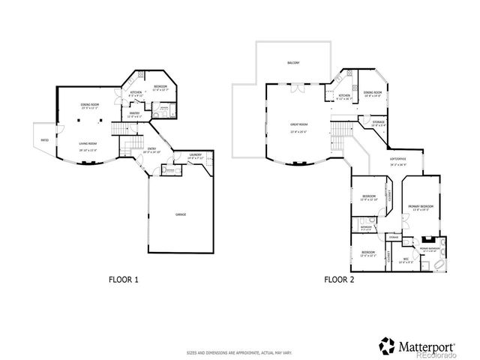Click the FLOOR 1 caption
124,279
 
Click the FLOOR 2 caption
339,279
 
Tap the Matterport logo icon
386,346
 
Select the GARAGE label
181,214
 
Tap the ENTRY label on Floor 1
152,148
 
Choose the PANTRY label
135,112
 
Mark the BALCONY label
293,63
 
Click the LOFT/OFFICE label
397,158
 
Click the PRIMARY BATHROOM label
429,247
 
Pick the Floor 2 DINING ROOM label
373,92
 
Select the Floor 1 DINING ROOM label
90,104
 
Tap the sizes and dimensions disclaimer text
240,351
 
